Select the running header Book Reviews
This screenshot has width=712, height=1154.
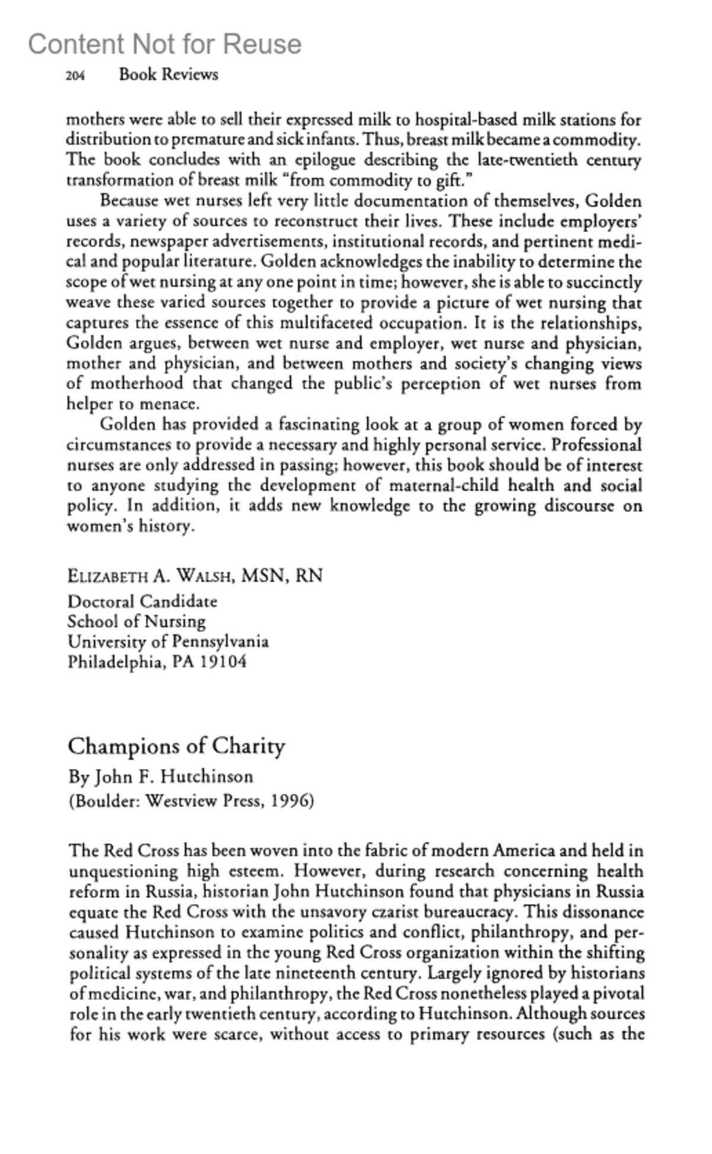click(169, 75)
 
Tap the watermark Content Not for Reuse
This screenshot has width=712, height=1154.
click(165, 44)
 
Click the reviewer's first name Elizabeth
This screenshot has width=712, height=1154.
click(107, 576)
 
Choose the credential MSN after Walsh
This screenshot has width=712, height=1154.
click(263, 576)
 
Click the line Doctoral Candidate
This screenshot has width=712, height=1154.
click(142, 602)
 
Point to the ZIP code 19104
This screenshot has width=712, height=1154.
click(223, 662)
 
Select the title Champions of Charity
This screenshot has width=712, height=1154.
click(176, 746)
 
